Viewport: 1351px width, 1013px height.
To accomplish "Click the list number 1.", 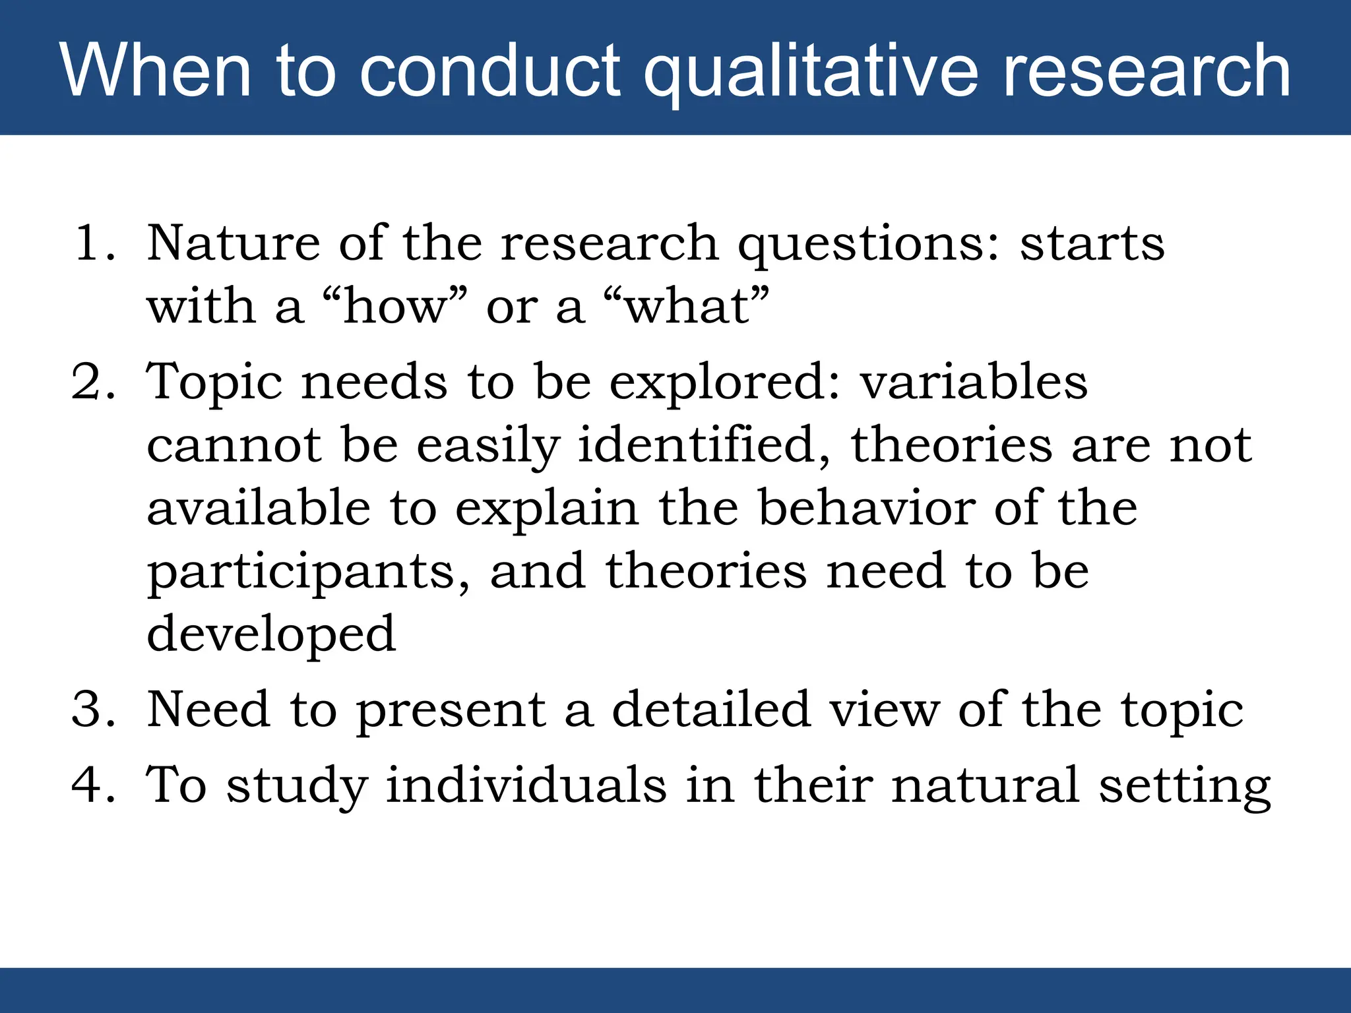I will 92,243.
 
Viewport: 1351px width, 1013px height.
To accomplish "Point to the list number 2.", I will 92,383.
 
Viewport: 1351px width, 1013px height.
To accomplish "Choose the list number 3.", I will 92,710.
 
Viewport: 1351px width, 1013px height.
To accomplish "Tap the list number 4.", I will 92,785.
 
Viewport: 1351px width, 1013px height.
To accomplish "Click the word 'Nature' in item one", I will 233,243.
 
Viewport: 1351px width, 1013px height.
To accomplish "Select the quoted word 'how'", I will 394,307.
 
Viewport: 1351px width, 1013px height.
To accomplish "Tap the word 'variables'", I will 974,383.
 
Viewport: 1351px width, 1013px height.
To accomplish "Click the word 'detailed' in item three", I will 710,710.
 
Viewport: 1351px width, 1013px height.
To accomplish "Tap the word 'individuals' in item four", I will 526,785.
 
